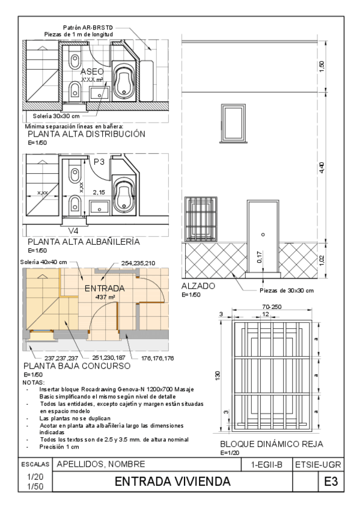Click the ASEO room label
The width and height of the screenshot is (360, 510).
92,72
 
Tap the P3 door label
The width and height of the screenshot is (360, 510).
99,162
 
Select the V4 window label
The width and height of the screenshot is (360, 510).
73,231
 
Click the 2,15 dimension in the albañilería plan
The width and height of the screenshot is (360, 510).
99,192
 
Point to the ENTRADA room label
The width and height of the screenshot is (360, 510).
105,289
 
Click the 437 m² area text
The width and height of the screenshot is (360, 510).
105,297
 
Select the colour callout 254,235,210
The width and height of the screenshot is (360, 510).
138,263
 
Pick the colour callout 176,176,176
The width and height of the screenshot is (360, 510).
157,358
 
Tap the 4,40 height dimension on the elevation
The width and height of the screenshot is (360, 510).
322,167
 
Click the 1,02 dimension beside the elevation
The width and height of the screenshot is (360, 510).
322,260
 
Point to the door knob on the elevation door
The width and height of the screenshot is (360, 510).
263,235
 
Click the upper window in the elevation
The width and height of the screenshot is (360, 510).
233,123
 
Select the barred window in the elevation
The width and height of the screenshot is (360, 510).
201,219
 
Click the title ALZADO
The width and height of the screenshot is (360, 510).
198,286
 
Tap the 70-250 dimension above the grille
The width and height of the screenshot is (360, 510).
272,307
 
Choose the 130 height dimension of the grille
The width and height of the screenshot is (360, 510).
218,375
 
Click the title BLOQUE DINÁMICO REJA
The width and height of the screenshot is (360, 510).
272,444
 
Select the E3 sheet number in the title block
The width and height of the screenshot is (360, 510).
331,481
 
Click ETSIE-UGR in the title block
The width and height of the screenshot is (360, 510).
318,465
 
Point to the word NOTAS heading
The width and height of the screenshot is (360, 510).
34,382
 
